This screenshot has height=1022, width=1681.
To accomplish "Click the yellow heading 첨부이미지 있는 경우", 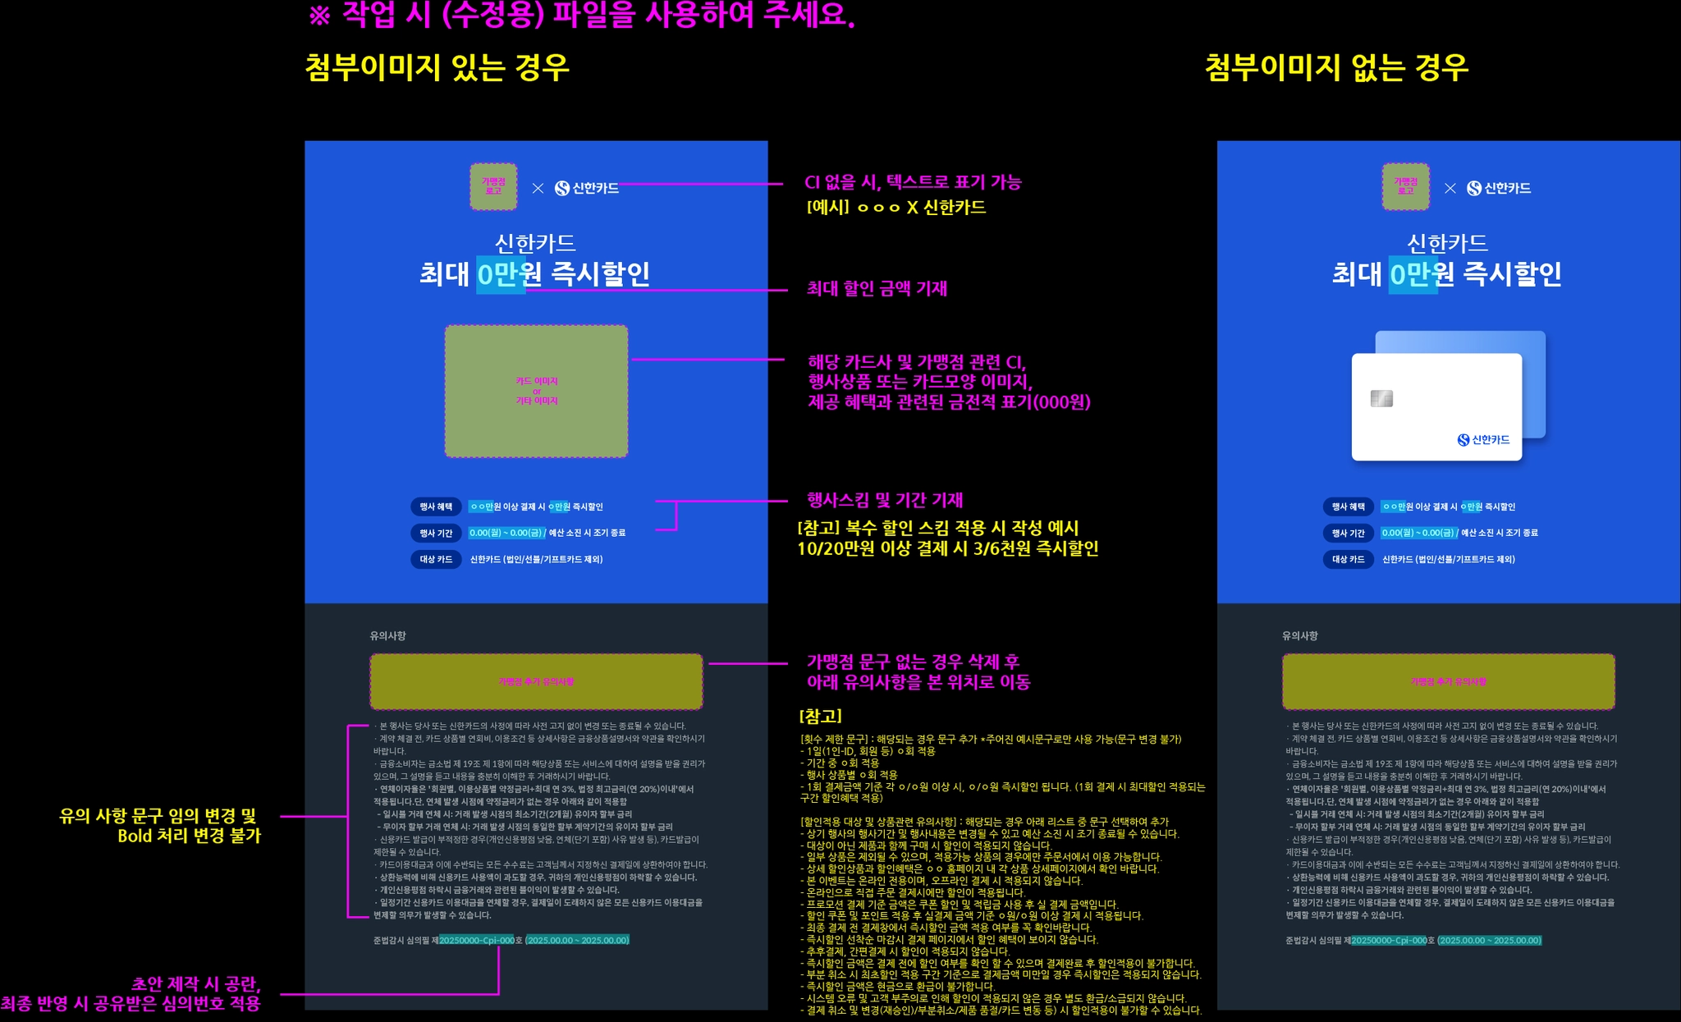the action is click(437, 67).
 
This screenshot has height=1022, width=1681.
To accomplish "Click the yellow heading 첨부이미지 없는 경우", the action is click(1336, 67).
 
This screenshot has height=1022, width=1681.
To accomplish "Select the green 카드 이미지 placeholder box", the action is click(536, 391).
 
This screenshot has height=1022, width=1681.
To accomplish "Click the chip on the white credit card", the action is click(1381, 399).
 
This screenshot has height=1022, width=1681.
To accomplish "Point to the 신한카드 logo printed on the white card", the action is click(1483, 440).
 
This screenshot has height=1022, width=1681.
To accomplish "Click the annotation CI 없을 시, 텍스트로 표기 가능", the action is click(913, 182).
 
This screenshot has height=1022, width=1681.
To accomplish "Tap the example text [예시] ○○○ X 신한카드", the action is click(896, 208).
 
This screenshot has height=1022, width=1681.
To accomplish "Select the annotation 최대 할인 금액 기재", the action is click(877, 289).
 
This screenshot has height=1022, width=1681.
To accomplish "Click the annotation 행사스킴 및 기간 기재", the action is click(885, 500).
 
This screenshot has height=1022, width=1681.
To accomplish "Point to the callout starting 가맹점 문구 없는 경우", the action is click(918, 671).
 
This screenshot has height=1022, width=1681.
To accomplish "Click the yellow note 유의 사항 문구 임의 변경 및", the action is click(159, 826).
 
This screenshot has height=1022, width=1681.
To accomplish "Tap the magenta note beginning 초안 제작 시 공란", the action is click(131, 993).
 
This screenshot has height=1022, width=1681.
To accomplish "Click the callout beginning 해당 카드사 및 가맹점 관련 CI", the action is click(949, 382).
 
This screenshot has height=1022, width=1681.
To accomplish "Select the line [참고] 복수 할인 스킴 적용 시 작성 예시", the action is click(938, 528).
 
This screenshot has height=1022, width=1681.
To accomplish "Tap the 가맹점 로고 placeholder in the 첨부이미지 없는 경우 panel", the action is click(1405, 186).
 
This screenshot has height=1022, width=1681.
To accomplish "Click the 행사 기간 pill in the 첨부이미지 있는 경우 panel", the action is click(436, 534).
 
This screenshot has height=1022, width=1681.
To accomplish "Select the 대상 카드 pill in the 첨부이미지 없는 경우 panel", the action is click(1348, 560).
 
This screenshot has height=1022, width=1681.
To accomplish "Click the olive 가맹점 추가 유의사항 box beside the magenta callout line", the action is click(536, 681).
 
